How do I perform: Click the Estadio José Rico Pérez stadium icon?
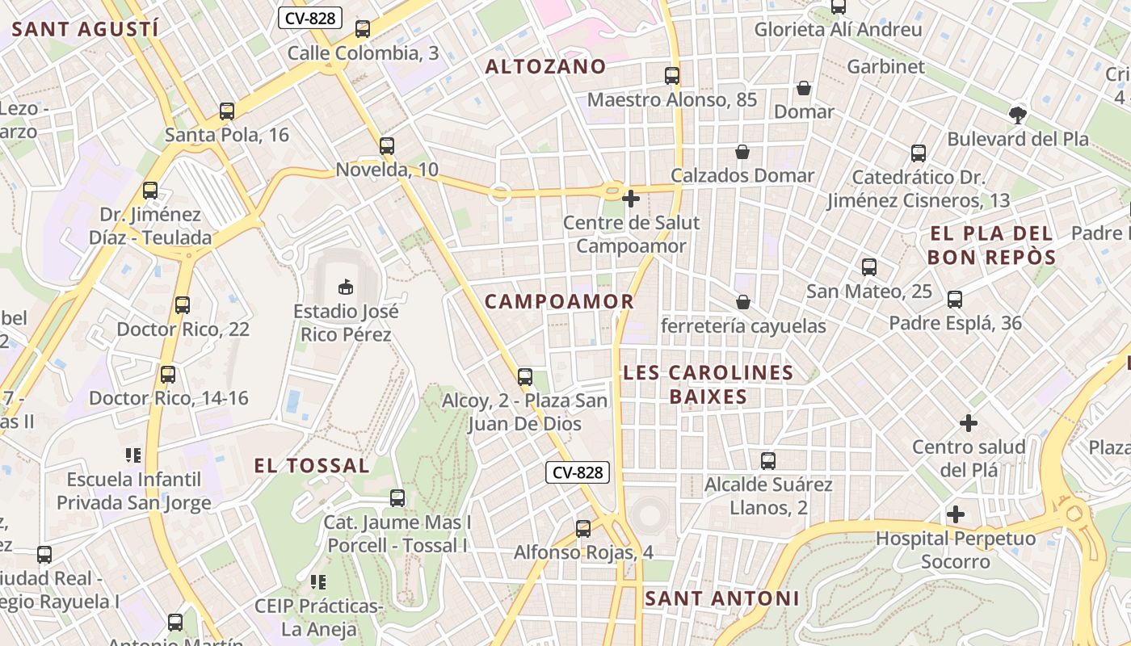(x=345, y=286)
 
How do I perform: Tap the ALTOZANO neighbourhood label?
(x=545, y=66)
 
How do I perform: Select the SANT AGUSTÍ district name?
(x=85, y=30)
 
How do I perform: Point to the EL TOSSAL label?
(x=312, y=465)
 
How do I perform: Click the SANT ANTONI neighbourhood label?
(x=721, y=598)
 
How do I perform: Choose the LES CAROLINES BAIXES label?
(x=708, y=384)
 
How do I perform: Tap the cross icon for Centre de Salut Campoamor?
(x=631, y=198)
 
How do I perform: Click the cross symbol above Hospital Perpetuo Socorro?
(x=956, y=514)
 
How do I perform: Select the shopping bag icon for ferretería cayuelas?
(x=742, y=302)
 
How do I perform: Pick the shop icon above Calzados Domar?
(x=742, y=151)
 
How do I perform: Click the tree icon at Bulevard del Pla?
(x=1018, y=115)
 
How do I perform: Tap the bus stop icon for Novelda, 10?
(x=387, y=146)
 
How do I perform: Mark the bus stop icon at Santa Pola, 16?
(x=227, y=111)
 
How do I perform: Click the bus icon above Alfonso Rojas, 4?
(x=583, y=529)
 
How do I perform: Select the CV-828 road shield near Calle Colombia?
(x=310, y=18)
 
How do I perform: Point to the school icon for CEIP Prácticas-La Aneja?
(x=318, y=581)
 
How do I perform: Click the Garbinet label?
(x=885, y=66)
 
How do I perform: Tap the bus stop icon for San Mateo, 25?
(x=869, y=267)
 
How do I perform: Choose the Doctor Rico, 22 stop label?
(x=183, y=329)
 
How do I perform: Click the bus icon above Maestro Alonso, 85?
(x=672, y=76)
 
